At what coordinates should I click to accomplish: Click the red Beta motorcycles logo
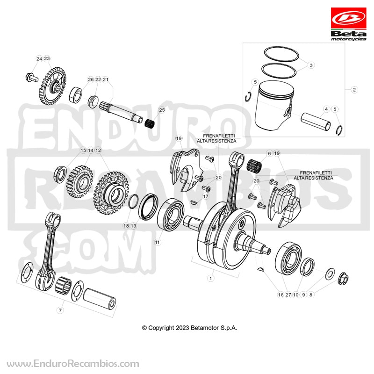348,24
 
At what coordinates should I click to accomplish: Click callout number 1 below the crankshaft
211,278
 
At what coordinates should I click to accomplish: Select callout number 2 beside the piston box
354,90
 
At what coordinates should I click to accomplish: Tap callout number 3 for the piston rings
311,65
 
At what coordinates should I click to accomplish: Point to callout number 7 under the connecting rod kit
60,310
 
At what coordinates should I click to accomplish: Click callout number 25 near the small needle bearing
162,110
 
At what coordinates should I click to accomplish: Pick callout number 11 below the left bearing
158,242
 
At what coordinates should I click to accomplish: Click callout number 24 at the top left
39,58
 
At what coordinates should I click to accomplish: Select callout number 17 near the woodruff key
205,196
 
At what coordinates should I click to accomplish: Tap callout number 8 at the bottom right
311,295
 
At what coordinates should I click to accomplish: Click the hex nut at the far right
343,278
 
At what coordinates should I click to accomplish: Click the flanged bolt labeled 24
31,77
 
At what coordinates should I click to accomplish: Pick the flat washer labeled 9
330,273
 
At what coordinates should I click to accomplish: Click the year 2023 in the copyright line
182,328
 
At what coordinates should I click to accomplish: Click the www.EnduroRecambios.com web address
73,364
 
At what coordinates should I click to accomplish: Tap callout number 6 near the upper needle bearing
269,153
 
